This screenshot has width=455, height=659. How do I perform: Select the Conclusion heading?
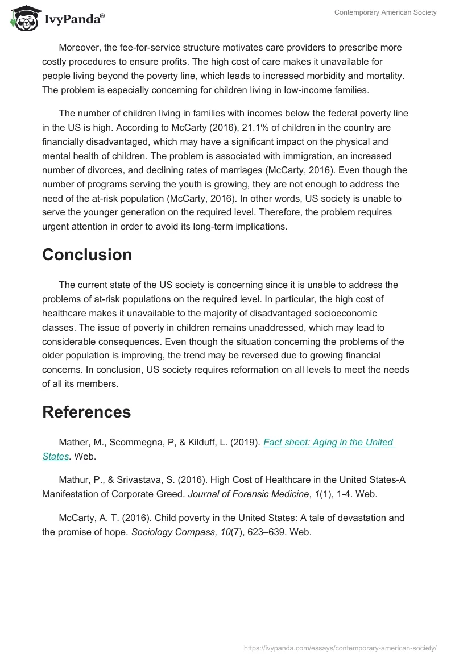click(x=87, y=255)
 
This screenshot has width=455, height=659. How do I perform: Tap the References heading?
click(x=86, y=412)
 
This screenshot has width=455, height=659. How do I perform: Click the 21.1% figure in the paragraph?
click(x=243, y=128)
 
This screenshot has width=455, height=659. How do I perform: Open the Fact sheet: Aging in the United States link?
click(x=328, y=443)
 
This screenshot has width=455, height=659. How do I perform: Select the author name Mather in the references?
click(x=74, y=443)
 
